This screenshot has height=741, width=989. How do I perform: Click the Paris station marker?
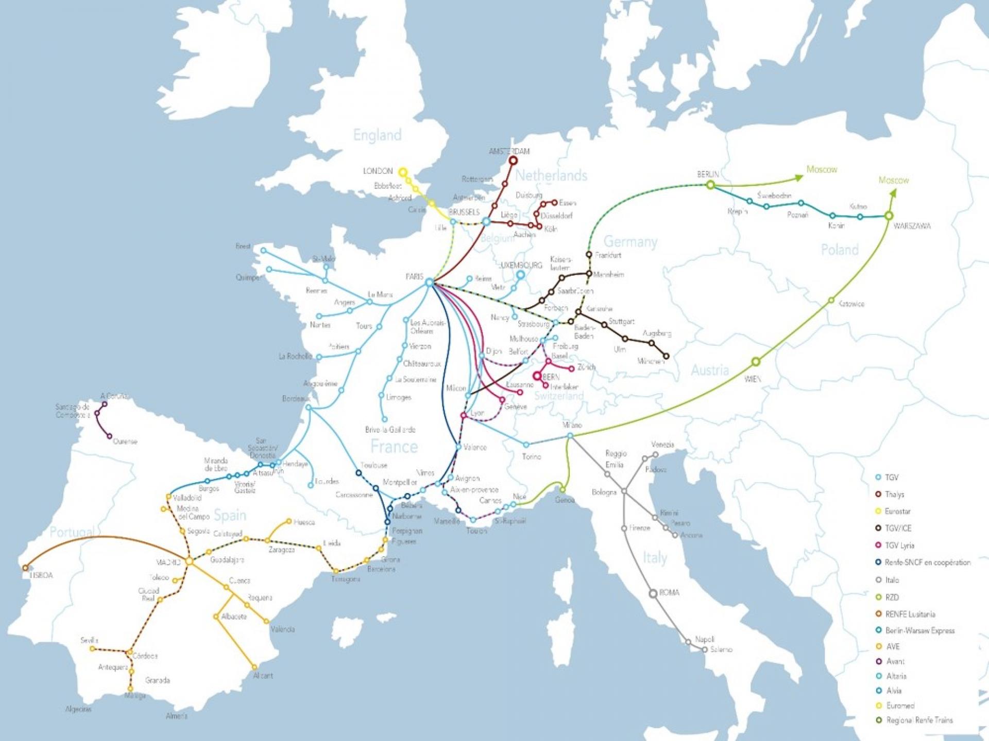(x=429, y=283)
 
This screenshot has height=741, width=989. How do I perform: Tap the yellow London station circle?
(x=403, y=172)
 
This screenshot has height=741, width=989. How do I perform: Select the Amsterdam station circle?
(x=513, y=161)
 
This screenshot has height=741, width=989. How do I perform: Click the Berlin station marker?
(x=710, y=185)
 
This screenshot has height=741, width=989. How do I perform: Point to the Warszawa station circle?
(x=889, y=216)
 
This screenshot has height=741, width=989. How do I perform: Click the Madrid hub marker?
(x=189, y=561)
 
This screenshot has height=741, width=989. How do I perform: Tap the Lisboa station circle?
(x=25, y=568)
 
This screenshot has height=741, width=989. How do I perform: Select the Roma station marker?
(x=653, y=593)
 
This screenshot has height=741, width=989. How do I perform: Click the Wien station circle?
(x=756, y=362)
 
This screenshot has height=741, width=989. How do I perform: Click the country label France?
(x=394, y=446)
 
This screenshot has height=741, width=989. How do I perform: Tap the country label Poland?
(x=840, y=250)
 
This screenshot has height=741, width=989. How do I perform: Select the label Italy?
(x=655, y=557)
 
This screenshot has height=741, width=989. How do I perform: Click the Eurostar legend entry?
(x=897, y=511)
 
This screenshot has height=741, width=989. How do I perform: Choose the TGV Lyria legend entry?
(x=899, y=545)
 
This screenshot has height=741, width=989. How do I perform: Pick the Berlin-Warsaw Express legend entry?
(x=919, y=630)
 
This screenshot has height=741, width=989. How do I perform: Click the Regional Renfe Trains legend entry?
(x=919, y=720)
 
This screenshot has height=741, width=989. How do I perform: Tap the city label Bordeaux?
(x=296, y=399)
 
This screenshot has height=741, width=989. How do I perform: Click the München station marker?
(x=666, y=356)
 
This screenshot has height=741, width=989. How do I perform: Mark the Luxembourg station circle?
(x=520, y=275)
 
